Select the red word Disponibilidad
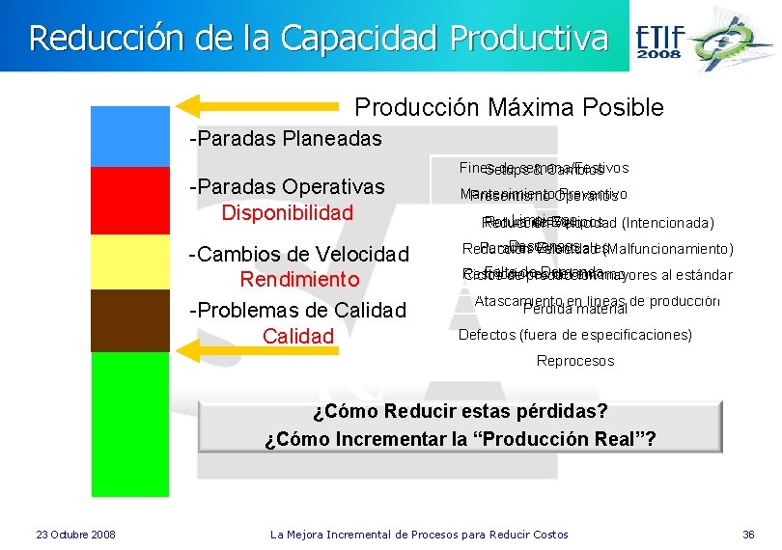(x=287, y=212)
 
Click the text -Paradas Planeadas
(x=286, y=139)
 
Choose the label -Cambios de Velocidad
(x=299, y=255)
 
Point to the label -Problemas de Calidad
(x=298, y=311)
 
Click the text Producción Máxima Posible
(x=510, y=107)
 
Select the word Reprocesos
(x=575, y=361)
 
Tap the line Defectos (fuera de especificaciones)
(x=574, y=335)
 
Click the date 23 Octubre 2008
(x=75, y=535)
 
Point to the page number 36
(x=748, y=535)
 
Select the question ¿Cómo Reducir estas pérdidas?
(x=461, y=412)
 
